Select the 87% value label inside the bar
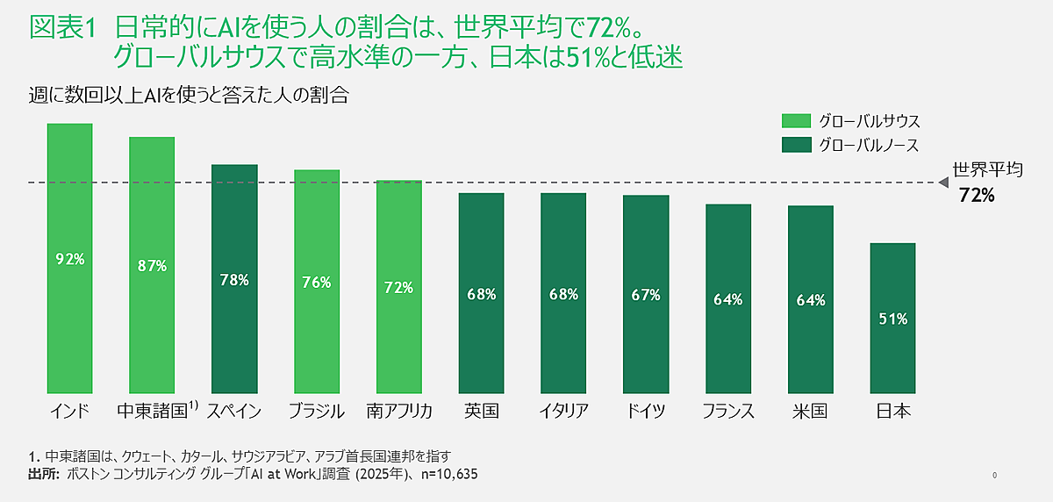[152, 266]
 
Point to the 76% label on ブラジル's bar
[316, 282]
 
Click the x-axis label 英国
[481, 411]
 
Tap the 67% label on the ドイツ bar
[645, 295]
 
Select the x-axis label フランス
[728, 411]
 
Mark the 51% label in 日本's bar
[892, 319]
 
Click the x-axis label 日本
[892, 411]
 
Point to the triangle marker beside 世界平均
[943, 183]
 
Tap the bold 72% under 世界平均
[976, 196]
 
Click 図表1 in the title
[61, 28]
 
